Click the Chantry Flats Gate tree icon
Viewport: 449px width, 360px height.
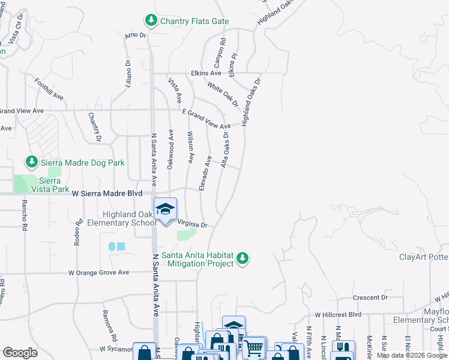151,21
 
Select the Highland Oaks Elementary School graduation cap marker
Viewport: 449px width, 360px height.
165,209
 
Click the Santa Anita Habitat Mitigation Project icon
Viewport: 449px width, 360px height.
243,258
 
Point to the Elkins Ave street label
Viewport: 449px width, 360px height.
206,73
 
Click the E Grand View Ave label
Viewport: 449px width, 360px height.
206,119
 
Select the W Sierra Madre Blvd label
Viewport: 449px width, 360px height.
107,194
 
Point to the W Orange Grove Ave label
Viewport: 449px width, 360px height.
98,272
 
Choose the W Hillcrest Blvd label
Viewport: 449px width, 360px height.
339,314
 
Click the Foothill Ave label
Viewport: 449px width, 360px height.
49,88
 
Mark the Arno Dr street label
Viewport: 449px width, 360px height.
135,35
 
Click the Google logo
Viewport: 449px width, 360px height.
19,352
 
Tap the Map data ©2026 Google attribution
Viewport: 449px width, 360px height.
411,355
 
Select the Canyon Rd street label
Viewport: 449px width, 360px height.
219,53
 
